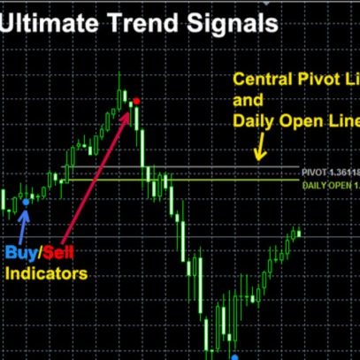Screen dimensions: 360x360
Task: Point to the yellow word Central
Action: coord(264,81)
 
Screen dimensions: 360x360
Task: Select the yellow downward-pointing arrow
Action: coord(260,149)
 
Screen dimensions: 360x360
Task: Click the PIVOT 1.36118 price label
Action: coord(329,171)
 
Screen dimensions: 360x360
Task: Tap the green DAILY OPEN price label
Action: coord(329,185)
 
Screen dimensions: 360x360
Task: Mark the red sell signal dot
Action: coord(136,102)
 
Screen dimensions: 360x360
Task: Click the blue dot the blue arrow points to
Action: coord(26,203)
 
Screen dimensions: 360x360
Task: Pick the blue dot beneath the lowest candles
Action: coord(234,356)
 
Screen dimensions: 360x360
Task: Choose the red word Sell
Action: coord(57,254)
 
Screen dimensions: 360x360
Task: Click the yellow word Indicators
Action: coord(46,274)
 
